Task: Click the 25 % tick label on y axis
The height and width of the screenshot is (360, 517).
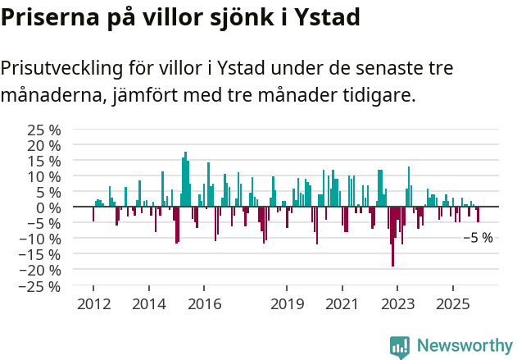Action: tap(43, 130)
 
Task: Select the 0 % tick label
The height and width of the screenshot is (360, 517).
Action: tap(48, 207)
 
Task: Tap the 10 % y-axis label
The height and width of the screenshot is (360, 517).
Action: tap(43, 176)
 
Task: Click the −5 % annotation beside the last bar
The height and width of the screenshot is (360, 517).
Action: tap(478, 238)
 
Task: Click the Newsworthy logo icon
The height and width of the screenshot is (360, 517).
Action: tap(400, 346)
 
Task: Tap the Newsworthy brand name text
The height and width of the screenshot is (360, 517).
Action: tap(465, 346)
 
